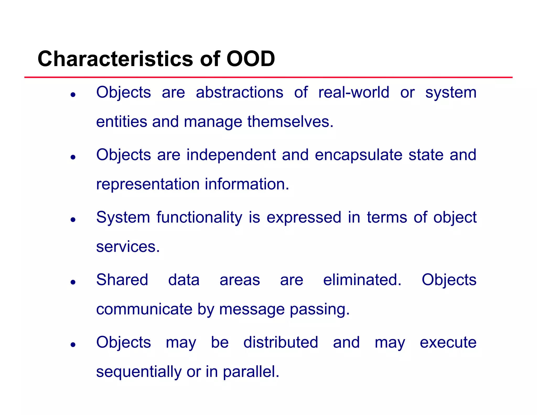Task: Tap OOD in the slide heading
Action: [x=250, y=59]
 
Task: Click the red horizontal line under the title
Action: [x=268, y=77]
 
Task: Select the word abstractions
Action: [x=239, y=92]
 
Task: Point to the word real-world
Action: [x=353, y=92]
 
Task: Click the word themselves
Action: [x=290, y=122]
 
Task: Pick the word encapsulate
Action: [x=358, y=155]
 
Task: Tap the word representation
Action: [x=148, y=184]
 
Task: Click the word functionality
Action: [x=199, y=218]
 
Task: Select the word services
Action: [x=128, y=247]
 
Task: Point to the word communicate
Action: [x=144, y=309]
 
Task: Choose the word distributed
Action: [x=281, y=342]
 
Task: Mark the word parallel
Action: [x=251, y=372]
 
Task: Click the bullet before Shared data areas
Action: [x=73, y=282]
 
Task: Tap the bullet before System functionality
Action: [x=73, y=220]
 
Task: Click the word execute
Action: [x=448, y=342]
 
